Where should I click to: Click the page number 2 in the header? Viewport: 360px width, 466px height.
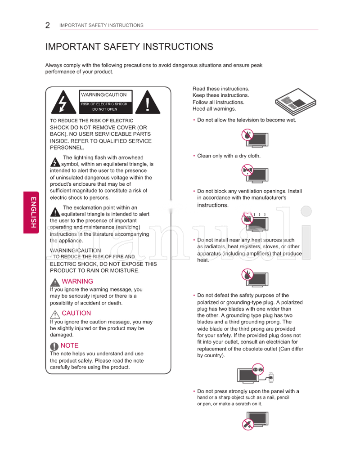tap(48, 25)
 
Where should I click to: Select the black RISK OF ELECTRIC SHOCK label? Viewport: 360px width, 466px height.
tap(105, 107)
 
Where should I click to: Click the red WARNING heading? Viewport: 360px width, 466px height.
tap(77, 282)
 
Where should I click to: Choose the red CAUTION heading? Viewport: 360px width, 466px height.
tap(76, 313)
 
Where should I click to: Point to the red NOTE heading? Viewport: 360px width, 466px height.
tap(69, 345)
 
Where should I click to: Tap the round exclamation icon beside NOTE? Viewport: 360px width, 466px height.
tap(54, 346)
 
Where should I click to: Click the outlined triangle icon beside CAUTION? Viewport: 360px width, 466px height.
tap(55, 314)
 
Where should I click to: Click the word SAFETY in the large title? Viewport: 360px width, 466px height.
tap(120, 47)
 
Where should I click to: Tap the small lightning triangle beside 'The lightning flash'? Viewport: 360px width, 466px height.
tap(55, 162)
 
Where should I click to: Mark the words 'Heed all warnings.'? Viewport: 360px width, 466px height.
tap(214, 109)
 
